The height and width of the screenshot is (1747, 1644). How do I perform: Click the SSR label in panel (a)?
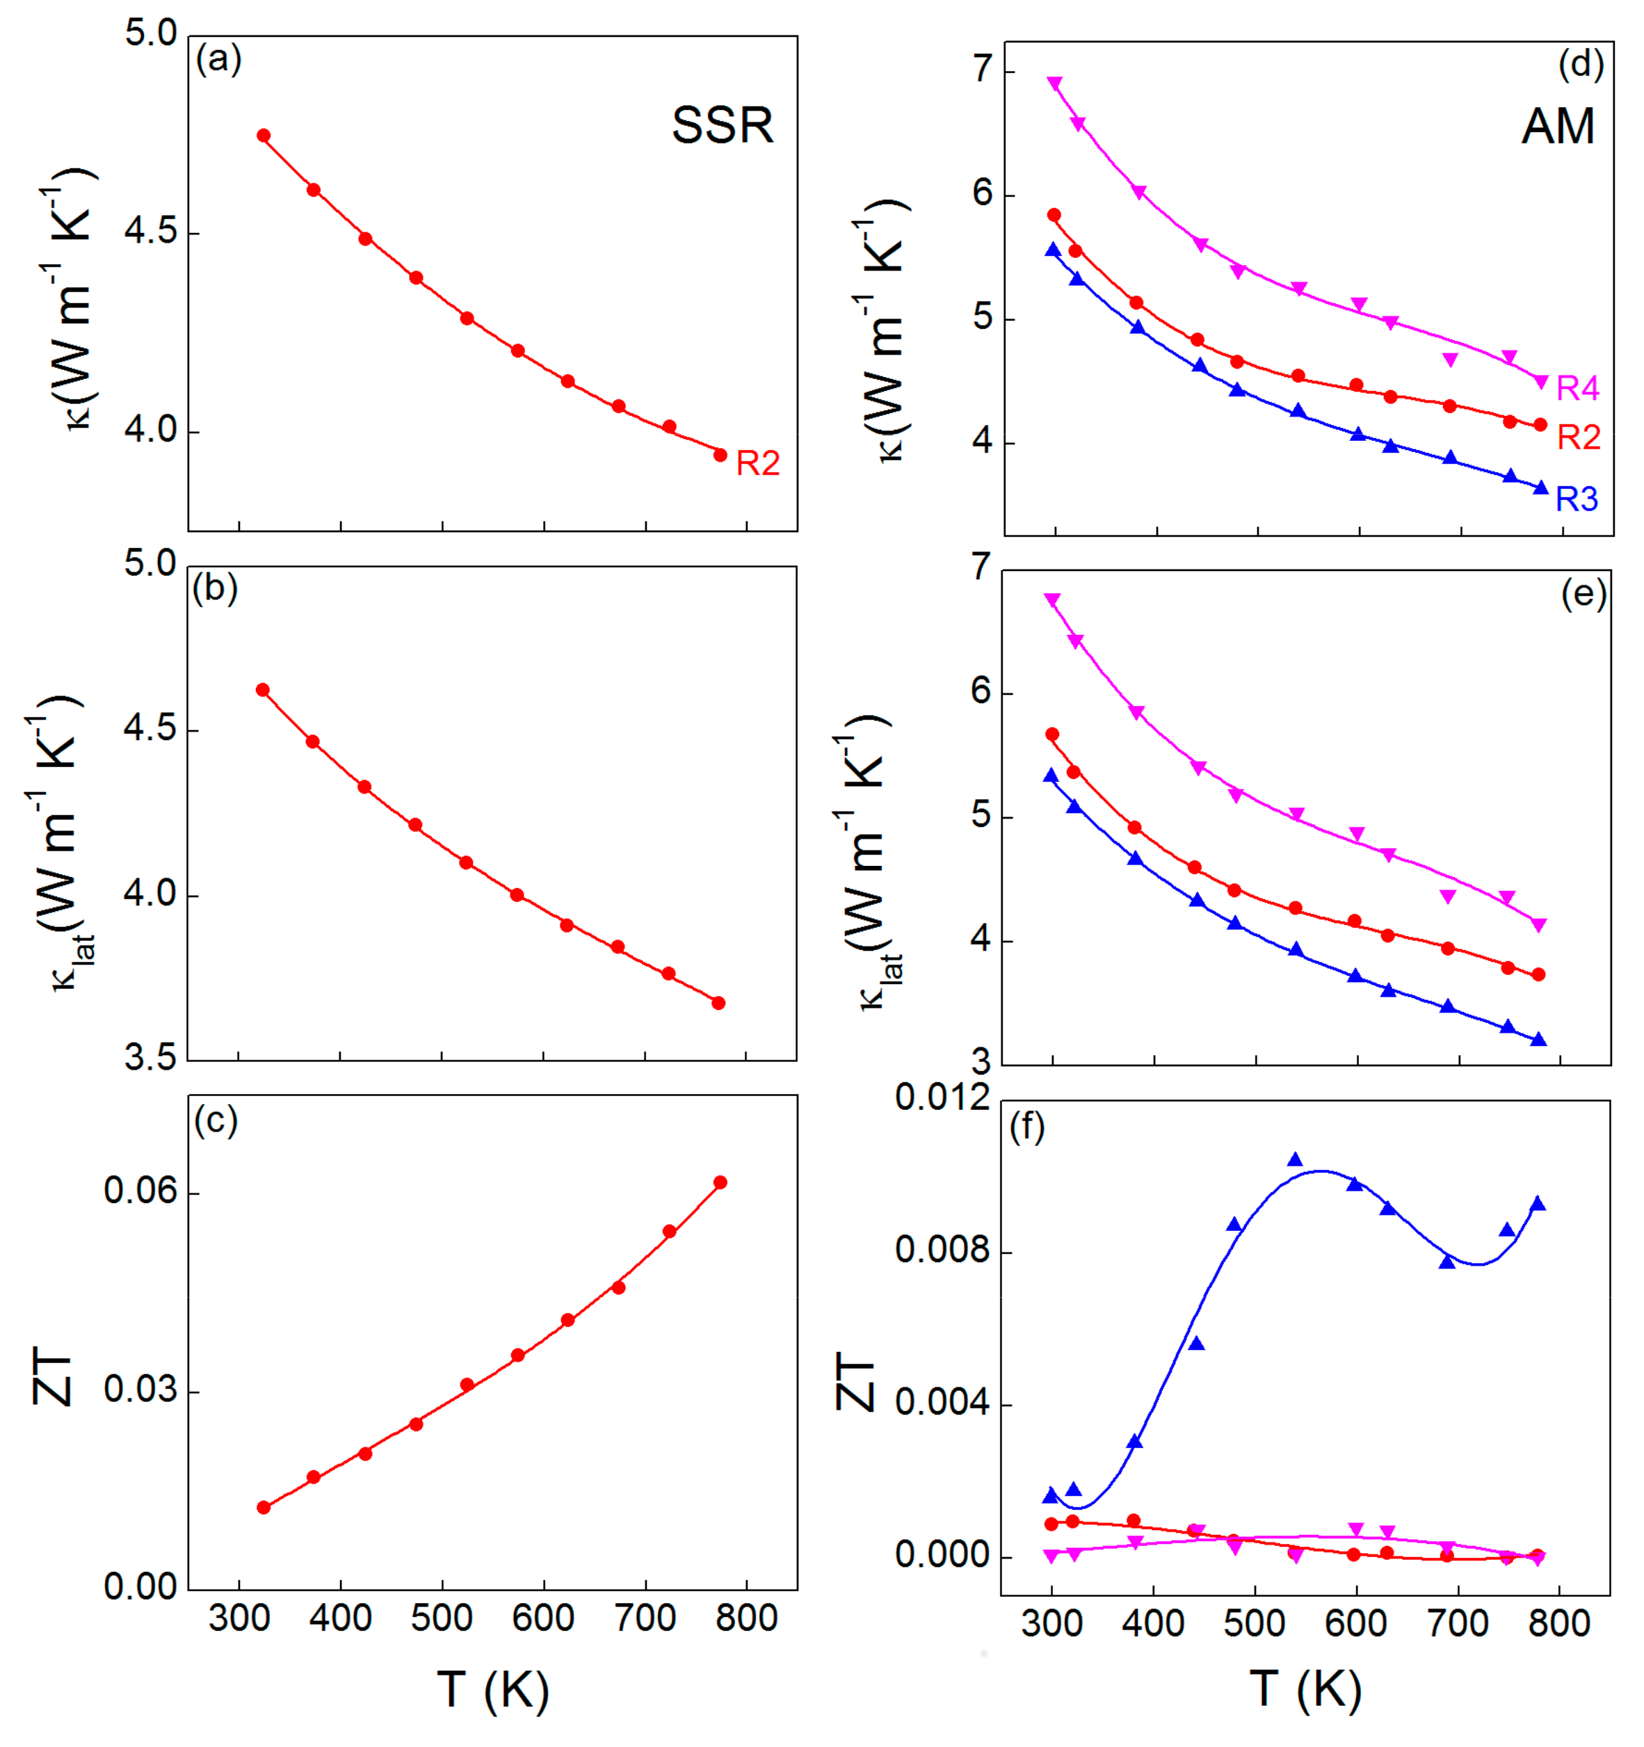pos(723,126)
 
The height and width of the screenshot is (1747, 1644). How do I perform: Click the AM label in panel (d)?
pos(1558,127)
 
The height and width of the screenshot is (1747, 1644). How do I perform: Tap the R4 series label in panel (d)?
pos(1577,387)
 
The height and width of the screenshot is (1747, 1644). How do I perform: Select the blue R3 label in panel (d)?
pos(1577,499)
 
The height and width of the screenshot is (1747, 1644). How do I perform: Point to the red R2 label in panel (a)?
pos(757,463)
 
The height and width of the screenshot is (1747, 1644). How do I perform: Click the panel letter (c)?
pos(216,1120)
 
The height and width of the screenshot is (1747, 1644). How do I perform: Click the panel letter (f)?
pos(1027,1127)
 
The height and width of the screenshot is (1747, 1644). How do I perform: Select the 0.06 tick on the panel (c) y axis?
pos(140,1191)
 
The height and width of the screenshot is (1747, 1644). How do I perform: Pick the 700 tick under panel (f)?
pos(1458,1623)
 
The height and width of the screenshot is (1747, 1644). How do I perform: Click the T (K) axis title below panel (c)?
pos(493,1690)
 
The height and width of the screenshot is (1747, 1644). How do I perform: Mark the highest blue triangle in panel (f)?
pos(1295,1160)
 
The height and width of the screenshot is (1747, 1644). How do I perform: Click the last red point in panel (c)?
pos(720,1183)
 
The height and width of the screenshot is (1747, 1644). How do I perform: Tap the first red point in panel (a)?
pos(264,136)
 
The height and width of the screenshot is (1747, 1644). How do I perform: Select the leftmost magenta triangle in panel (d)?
pos(1055,83)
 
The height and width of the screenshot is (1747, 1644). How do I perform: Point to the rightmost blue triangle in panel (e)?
pos(1538,1040)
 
